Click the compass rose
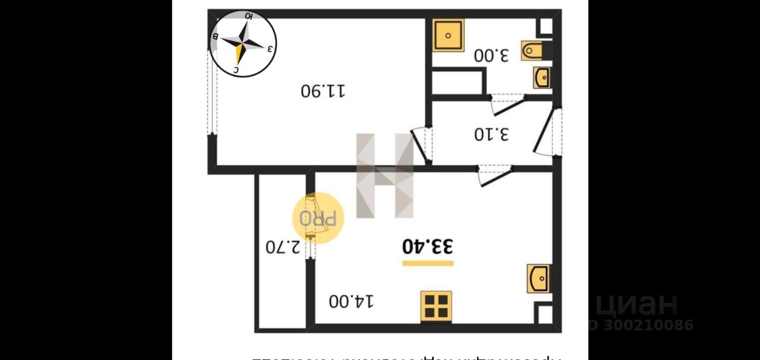pyautogui.click(x=243, y=44)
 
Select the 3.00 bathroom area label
pyautogui.click(x=492, y=56)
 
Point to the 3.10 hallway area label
pyautogui.click(x=492, y=134)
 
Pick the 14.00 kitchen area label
pyautogui.click(x=352, y=301)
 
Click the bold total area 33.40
pyautogui.click(x=427, y=246)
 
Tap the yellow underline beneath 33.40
pyautogui.click(x=427, y=263)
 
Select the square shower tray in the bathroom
pyautogui.click(x=448, y=35)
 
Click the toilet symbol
pyautogui.click(x=533, y=51)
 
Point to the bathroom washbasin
pyautogui.click(x=541, y=78)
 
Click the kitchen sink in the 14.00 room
pyautogui.click(x=539, y=278)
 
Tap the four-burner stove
pyautogui.click(x=436, y=305)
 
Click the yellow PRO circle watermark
pyautogui.click(x=318, y=218)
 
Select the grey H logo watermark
pyautogui.click(x=384, y=175)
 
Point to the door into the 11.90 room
pyautogui.click(x=422, y=144)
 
